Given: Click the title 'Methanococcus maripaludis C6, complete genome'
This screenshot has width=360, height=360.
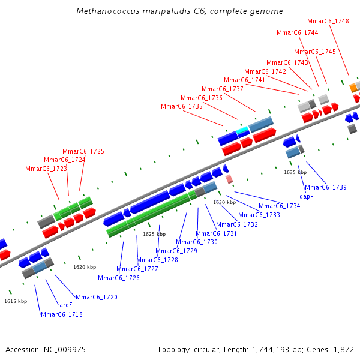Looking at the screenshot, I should [180, 11].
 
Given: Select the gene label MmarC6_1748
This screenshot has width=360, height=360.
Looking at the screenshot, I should [328, 21].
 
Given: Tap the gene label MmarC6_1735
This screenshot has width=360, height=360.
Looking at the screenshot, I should [182, 106].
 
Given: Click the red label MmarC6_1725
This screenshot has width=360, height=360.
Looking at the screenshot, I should [83, 151].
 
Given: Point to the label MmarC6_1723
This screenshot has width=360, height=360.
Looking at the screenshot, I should [46, 169].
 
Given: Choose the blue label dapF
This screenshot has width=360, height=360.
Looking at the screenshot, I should [306, 196].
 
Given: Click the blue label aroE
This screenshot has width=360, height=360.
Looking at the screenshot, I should [66, 305].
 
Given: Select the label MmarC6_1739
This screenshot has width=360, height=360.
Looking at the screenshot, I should [326, 187].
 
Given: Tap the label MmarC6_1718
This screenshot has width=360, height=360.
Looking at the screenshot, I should [62, 314].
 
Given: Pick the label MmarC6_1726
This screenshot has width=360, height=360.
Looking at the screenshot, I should [119, 278].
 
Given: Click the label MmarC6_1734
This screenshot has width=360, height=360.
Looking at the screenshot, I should [280, 206].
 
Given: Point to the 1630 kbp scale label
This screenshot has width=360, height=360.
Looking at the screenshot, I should [224, 202].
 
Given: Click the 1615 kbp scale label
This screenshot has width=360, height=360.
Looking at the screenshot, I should [16, 301].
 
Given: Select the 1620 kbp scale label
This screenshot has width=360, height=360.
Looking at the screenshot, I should [85, 267].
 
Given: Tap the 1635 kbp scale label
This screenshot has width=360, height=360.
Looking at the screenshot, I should [295, 172].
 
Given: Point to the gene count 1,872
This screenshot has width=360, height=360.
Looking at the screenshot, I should [341, 349].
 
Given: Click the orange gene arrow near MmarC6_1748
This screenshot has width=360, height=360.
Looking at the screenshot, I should [353, 88].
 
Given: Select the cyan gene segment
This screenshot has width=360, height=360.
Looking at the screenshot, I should [242, 130].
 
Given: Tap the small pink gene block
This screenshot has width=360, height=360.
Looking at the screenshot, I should [229, 179].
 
